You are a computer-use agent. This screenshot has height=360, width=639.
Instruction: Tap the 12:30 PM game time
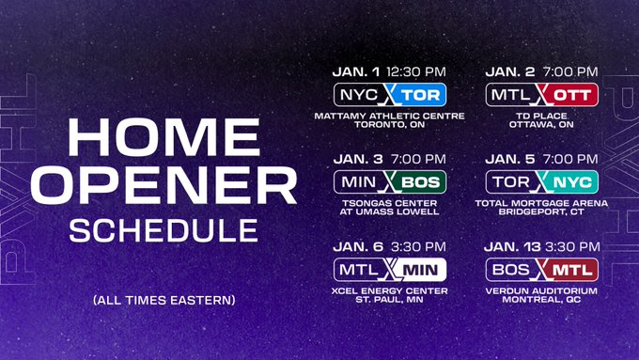pyautogui.click(x=414, y=71)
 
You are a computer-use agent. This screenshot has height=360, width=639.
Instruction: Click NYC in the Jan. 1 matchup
pyautogui.click(x=359, y=95)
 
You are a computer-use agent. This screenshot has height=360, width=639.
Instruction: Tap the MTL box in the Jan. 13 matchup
pyautogui.click(x=570, y=268)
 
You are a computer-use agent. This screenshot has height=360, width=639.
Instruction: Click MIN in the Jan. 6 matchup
pyautogui.click(x=419, y=268)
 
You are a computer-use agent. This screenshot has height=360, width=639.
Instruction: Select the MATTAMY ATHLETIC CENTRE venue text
pyautogui.click(x=390, y=117)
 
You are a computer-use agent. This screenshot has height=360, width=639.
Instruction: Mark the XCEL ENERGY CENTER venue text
pyautogui.click(x=390, y=290)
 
